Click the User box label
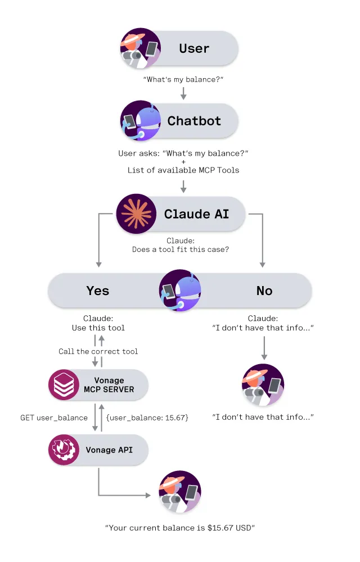194,48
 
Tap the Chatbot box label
194,121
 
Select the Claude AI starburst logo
136,214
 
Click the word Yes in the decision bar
97,291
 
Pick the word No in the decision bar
264,291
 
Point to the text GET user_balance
54,418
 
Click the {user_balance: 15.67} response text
147,418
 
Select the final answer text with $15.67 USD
180,528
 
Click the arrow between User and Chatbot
183,93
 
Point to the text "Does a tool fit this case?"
181,250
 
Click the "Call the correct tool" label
98,351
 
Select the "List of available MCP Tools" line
183,170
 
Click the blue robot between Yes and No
180,291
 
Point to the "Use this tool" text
98,328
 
